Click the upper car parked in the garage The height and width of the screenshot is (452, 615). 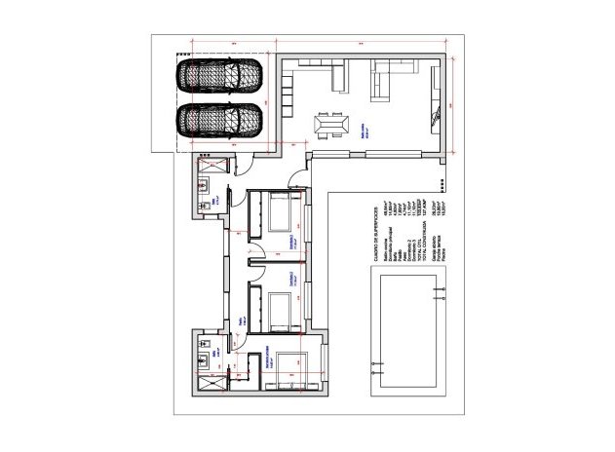point(221,76)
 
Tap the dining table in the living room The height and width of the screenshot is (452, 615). point(330,126)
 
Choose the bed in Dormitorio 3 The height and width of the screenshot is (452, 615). point(279,308)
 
